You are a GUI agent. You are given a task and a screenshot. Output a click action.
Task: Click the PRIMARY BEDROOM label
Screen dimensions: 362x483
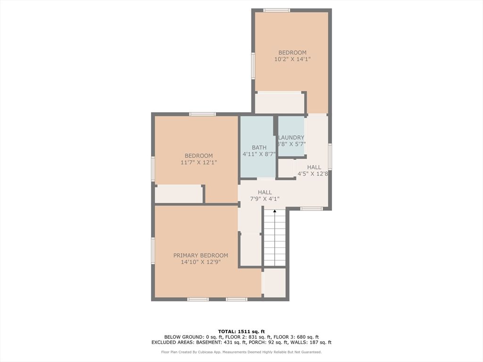click(x=200, y=255)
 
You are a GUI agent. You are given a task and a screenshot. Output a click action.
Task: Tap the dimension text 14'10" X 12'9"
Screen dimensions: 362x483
click(x=200, y=262)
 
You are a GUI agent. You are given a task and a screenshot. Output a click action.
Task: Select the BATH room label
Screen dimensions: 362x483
click(x=259, y=148)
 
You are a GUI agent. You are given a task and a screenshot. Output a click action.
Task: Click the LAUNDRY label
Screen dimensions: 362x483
click(x=291, y=138)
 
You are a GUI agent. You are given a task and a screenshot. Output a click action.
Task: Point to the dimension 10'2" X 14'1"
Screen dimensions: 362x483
click(x=292, y=59)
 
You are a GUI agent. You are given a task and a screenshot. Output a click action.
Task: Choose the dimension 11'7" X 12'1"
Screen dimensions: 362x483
click(x=199, y=163)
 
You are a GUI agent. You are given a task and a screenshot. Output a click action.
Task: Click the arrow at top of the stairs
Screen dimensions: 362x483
click(x=275, y=212)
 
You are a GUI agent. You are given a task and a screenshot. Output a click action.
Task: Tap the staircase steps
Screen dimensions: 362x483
click(x=275, y=240)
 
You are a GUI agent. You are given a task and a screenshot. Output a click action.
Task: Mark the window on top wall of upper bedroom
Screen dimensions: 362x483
click(x=276, y=10)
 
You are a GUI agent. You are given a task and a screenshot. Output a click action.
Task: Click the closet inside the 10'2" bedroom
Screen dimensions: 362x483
click(x=280, y=103)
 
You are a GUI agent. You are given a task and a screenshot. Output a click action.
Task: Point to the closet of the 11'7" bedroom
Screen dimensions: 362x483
click(x=178, y=194)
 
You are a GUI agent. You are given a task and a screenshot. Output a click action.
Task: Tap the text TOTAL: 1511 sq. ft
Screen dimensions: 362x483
click(x=241, y=331)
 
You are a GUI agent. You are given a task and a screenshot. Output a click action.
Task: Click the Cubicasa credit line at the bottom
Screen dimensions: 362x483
click(x=241, y=352)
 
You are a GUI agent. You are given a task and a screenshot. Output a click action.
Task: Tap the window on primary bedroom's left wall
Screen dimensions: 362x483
click(x=153, y=250)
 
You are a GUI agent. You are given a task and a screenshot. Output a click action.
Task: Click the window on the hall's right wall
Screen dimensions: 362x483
click(x=330, y=156)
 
